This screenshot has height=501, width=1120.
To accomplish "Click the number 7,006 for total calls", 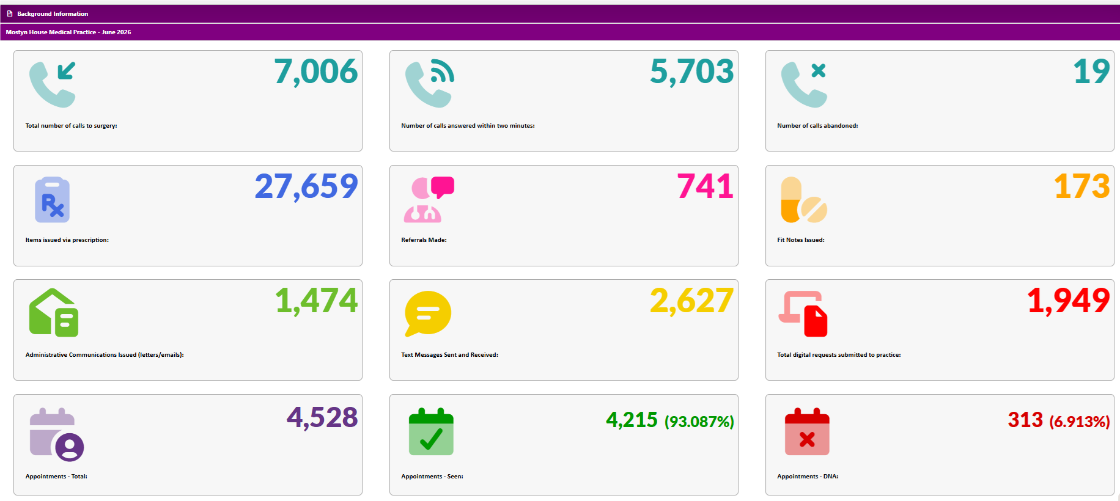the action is pyautogui.click(x=315, y=72).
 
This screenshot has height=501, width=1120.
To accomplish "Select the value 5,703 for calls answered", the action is pyautogui.click(x=691, y=72).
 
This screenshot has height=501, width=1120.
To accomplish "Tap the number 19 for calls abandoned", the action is pyautogui.click(x=1091, y=72).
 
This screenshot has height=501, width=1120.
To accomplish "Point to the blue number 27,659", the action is pyautogui.click(x=306, y=186).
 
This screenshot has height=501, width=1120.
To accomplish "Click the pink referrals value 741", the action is pyautogui.click(x=705, y=186).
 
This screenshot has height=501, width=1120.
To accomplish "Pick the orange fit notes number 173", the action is pyautogui.click(x=1081, y=186).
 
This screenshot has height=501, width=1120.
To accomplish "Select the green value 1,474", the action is pyautogui.click(x=317, y=301).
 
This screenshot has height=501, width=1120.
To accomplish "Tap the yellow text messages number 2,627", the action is pyautogui.click(x=691, y=301).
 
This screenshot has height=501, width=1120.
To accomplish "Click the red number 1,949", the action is pyautogui.click(x=1068, y=301).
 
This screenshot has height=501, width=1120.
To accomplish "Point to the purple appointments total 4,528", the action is pyautogui.click(x=322, y=418).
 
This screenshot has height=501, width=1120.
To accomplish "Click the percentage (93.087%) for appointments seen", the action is pyautogui.click(x=699, y=422).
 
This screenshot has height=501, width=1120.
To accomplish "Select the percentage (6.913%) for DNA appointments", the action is pyautogui.click(x=1080, y=422).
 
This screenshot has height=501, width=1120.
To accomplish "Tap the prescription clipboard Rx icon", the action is pyautogui.click(x=53, y=200).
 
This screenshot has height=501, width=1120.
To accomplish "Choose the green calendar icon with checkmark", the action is pyautogui.click(x=431, y=431).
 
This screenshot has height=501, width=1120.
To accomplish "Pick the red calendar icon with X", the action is pyautogui.click(x=807, y=431).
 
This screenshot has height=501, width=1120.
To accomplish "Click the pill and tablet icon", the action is pyautogui.click(x=804, y=200).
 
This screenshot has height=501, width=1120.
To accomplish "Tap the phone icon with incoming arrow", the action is pyautogui.click(x=53, y=84).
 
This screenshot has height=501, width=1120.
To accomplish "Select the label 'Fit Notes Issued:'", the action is pyautogui.click(x=801, y=240).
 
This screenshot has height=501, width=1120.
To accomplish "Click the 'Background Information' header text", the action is pyautogui.click(x=53, y=13).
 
